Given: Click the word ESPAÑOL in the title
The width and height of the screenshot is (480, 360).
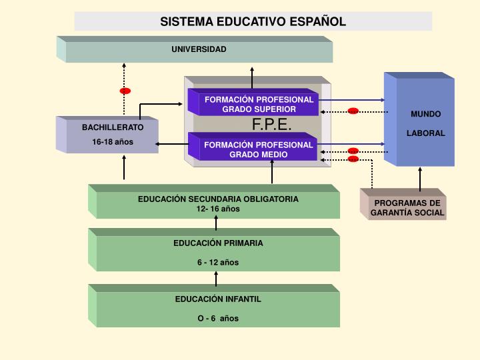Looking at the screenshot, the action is [x=318, y=22].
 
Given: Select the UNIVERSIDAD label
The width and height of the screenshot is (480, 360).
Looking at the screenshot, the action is [x=199, y=49].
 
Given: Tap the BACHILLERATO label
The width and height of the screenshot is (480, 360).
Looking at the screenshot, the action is [x=113, y=127].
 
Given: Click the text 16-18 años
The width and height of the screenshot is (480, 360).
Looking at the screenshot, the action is [x=113, y=142].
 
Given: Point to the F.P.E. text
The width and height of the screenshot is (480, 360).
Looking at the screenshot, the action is [x=271, y=124].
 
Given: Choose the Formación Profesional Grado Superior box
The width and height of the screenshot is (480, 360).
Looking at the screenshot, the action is [x=253, y=102].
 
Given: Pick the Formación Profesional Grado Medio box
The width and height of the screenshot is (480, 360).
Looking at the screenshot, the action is [x=253, y=147].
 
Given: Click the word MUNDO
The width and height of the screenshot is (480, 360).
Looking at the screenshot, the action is [x=426, y=114].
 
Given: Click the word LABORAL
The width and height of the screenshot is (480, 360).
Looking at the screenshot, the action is [x=426, y=133].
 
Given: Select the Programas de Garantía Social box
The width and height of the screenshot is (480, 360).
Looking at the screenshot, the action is [x=403, y=204].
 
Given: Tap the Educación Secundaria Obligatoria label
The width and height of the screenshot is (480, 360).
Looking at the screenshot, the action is [x=218, y=199].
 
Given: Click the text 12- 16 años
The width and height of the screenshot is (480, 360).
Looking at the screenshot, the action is [x=218, y=209].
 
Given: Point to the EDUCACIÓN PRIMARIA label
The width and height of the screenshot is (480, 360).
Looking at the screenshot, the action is [x=218, y=243].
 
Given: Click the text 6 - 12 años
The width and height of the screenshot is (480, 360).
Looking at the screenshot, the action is [x=218, y=263].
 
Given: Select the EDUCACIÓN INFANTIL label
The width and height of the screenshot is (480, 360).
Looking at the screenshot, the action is [x=218, y=299].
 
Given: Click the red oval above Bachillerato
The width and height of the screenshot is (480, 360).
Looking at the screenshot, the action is [x=125, y=91].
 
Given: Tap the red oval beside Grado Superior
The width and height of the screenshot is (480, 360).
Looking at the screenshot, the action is [x=353, y=111].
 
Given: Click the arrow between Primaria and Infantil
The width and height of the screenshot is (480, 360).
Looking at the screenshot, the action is [x=216, y=279].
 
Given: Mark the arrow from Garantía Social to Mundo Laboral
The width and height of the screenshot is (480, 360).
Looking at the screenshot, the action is [x=420, y=179].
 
